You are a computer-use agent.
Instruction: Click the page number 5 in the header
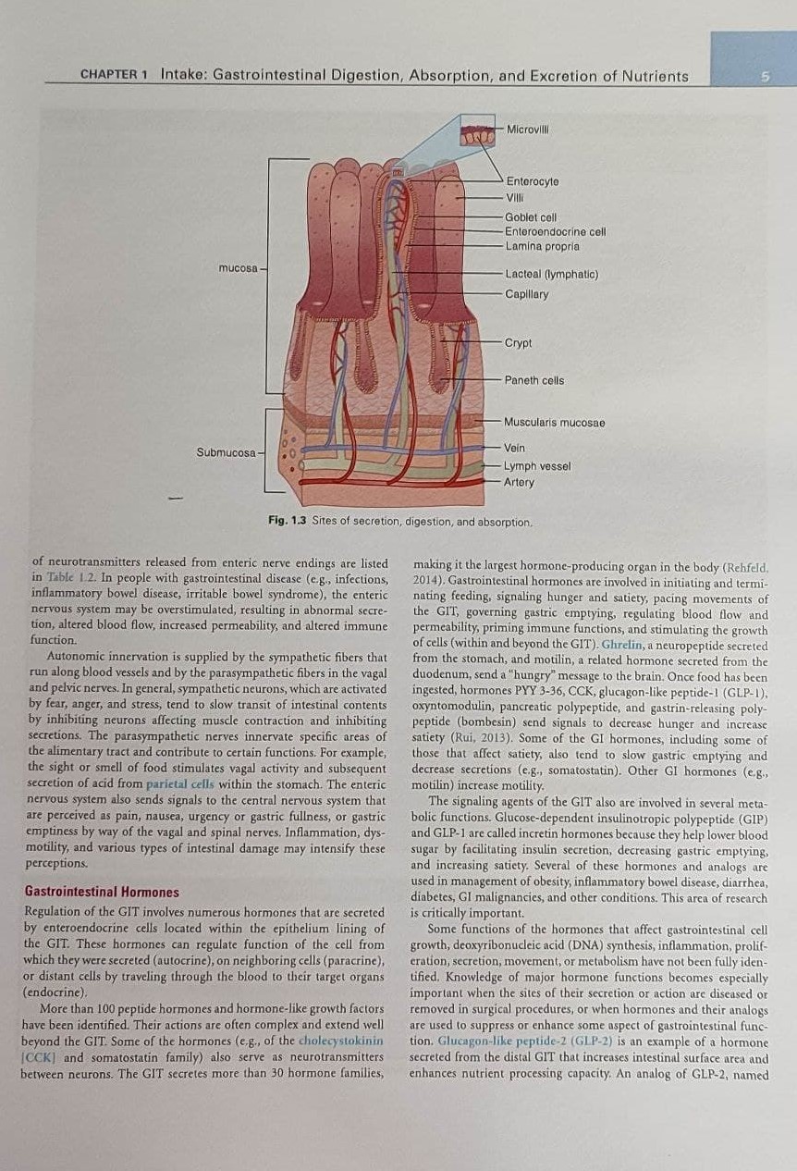(x=765, y=77)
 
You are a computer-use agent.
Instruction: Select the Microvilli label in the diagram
(x=528, y=129)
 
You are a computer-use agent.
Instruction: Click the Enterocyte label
(x=533, y=181)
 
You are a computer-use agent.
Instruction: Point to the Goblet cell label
(x=531, y=217)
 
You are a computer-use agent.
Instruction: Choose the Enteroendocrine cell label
(x=556, y=231)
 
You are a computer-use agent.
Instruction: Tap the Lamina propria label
(x=542, y=246)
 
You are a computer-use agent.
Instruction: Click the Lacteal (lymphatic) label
(x=551, y=275)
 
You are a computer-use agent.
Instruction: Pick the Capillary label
(x=527, y=294)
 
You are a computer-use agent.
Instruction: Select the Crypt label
(x=518, y=343)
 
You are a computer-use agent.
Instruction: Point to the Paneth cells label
(x=534, y=380)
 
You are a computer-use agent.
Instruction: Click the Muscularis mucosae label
(x=555, y=423)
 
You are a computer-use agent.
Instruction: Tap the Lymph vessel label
(x=537, y=466)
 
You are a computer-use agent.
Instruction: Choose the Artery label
(x=519, y=482)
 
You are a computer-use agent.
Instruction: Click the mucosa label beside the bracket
(x=239, y=268)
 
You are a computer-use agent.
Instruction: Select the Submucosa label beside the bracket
(x=227, y=452)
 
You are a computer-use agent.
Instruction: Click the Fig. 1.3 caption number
(x=287, y=521)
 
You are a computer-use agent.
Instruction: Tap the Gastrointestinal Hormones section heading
(x=102, y=893)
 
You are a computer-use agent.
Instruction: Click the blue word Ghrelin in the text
(x=622, y=645)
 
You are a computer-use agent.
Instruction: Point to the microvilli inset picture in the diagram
(x=477, y=135)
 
